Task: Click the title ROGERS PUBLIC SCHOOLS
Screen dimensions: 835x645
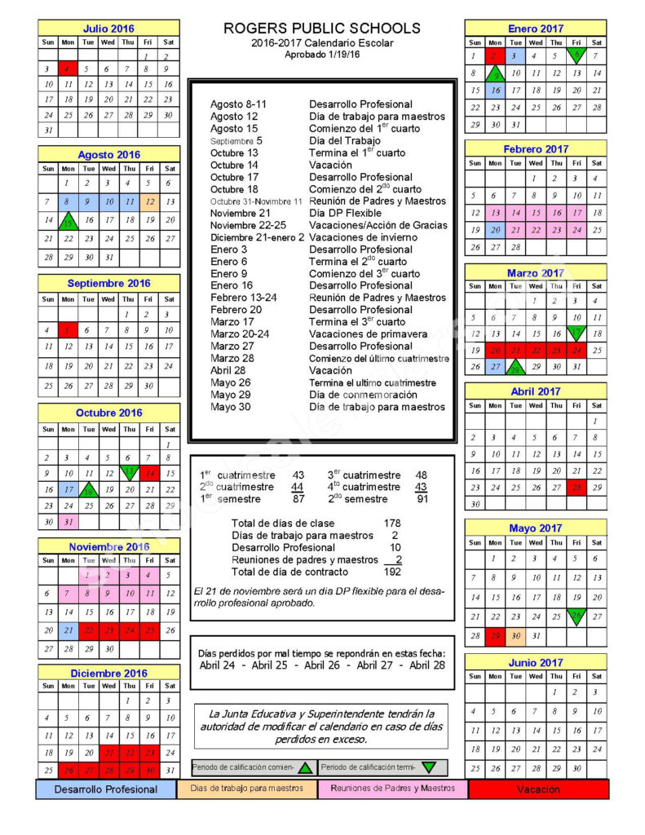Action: click(x=322, y=29)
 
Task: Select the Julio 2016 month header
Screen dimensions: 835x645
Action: click(x=108, y=29)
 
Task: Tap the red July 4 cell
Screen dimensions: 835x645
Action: click(x=68, y=70)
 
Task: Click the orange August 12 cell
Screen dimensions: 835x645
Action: click(x=148, y=201)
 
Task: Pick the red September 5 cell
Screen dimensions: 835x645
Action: click(x=68, y=330)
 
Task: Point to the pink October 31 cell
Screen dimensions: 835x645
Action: click(x=68, y=522)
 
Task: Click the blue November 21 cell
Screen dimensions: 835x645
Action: click(x=68, y=630)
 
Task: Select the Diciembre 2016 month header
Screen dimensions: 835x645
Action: click(x=108, y=674)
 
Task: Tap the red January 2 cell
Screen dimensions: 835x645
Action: click(x=495, y=56)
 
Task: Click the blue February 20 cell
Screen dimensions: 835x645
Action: click(x=495, y=230)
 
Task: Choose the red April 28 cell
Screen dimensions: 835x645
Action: click(x=577, y=487)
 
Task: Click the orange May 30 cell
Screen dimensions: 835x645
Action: click(x=515, y=636)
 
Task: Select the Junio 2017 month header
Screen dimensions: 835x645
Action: click(x=536, y=663)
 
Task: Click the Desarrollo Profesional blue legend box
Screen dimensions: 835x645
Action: click(x=106, y=789)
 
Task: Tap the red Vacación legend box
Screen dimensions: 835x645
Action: click(x=538, y=789)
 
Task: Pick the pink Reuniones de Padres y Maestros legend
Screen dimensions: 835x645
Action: click(x=393, y=789)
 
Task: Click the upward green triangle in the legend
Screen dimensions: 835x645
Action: click(x=305, y=767)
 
